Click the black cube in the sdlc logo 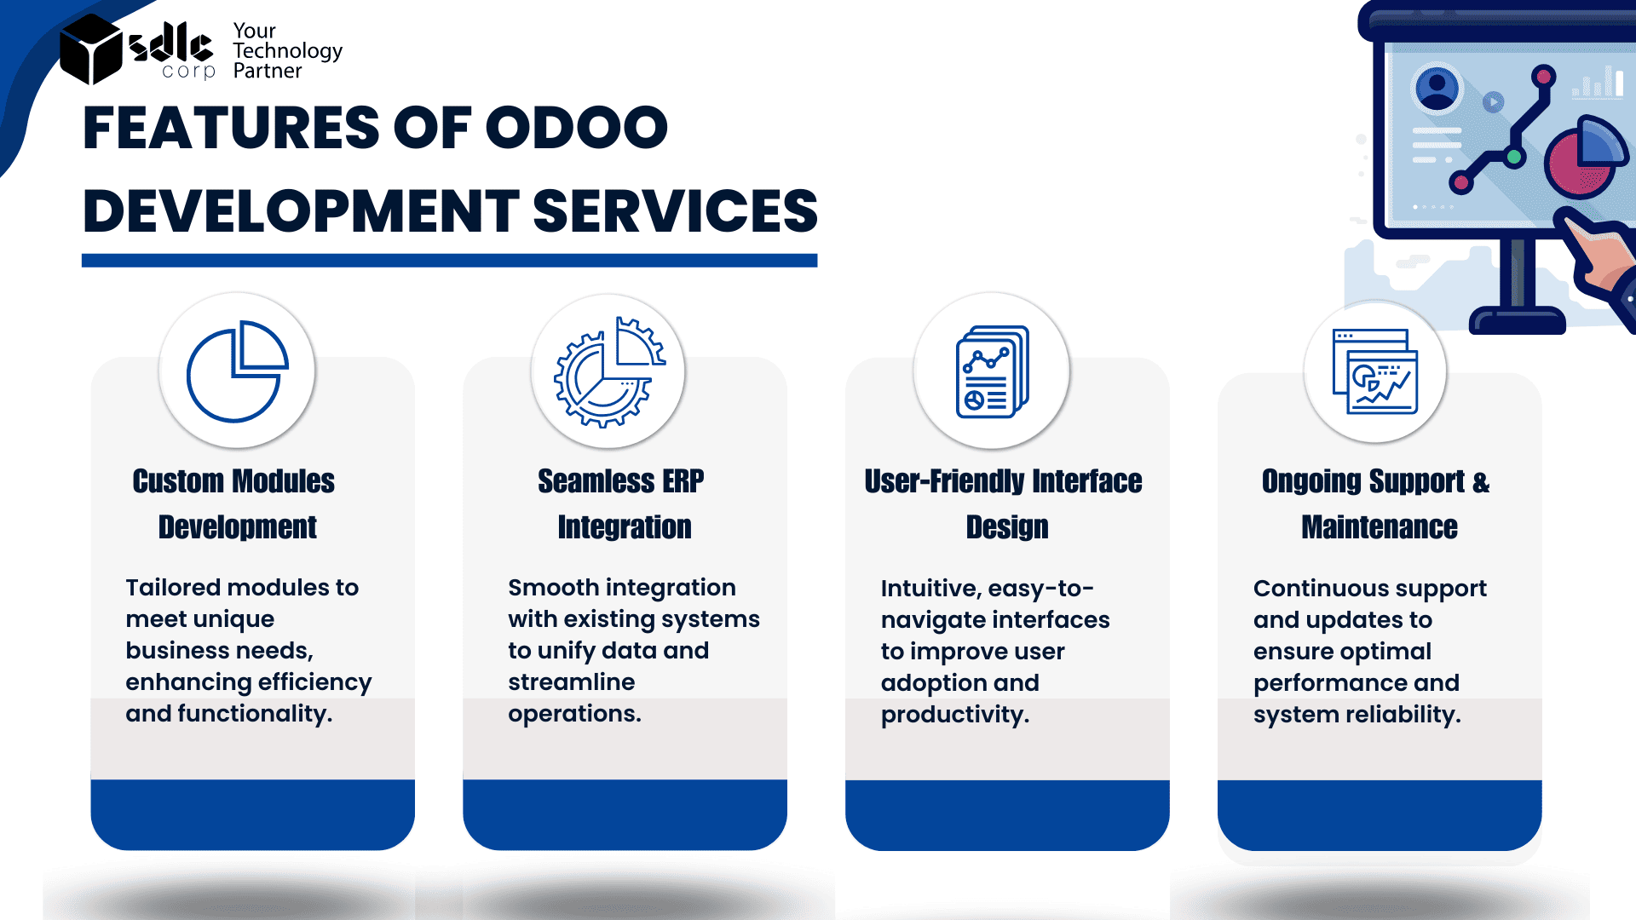point(92,49)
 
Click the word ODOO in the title point(577,128)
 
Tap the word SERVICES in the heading point(675,211)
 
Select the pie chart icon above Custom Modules point(238,371)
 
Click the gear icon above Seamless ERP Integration point(608,371)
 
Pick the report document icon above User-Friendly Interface point(993,371)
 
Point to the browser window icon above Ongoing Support point(1375,371)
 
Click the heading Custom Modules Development point(235,503)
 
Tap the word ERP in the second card point(683,481)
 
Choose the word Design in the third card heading point(1007,527)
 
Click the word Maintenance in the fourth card point(1380,527)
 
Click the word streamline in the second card point(572,682)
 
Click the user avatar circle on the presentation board point(1437,88)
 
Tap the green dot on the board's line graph point(1514,157)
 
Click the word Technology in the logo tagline point(288,52)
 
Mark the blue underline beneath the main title point(449,261)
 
